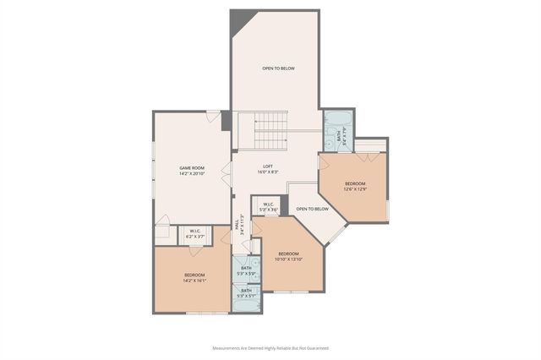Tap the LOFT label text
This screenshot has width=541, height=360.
pyautogui.click(x=268, y=166)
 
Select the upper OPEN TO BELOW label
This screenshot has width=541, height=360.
pyautogui.click(x=278, y=68)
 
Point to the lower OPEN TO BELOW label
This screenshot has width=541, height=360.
pyautogui.click(x=312, y=209)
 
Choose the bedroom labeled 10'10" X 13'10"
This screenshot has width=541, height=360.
pyautogui.click(x=289, y=257)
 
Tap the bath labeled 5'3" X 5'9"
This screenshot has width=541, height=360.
pyautogui.click(x=246, y=270)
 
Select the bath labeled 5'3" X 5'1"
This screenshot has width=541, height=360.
pyautogui.click(x=246, y=293)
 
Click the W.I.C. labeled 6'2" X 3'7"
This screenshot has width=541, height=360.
pyautogui.click(x=194, y=234)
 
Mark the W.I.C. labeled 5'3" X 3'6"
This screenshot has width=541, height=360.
pyautogui.click(x=268, y=206)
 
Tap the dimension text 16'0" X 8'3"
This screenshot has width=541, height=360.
pyautogui.click(x=268, y=172)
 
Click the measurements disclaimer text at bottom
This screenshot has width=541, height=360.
pyautogui.click(x=270, y=347)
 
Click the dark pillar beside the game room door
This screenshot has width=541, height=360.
pyautogui.click(x=227, y=120)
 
